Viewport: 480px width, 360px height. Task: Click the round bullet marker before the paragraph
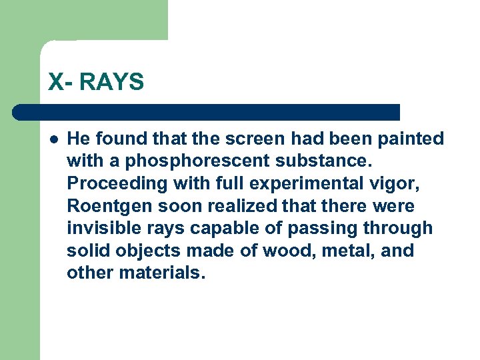53,139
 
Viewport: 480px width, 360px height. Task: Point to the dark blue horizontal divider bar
207,112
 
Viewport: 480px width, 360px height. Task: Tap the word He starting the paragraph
78,139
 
